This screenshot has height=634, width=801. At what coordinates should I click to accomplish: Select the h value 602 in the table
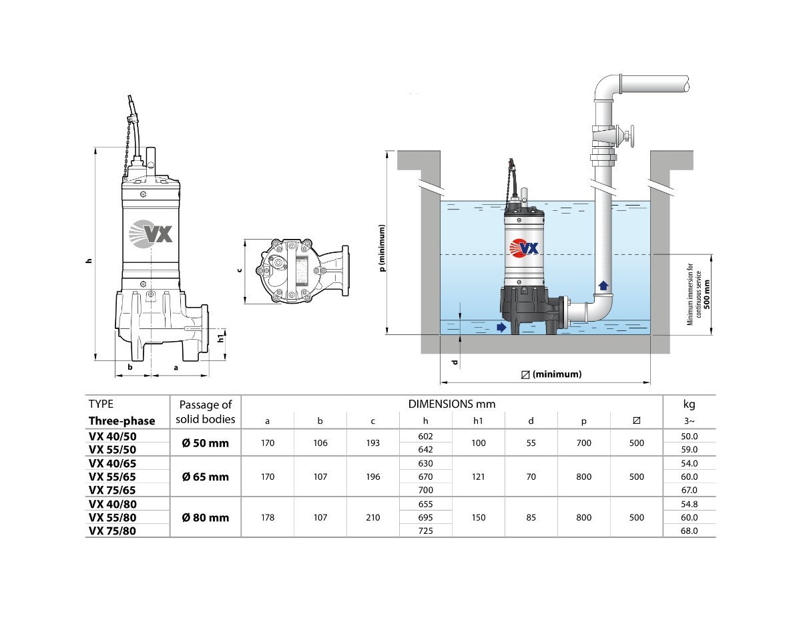coord(425,436)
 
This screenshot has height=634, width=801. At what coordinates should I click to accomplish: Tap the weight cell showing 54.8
coord(689,504)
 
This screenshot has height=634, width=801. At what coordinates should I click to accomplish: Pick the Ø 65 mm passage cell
coord(205,477)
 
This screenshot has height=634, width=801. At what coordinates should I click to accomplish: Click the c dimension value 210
coord(373,517)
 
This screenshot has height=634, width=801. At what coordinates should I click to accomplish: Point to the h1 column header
coord(478,421)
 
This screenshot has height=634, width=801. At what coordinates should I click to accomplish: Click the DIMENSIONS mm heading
coord(451,404)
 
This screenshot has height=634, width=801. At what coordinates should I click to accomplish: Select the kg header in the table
coord(689,404)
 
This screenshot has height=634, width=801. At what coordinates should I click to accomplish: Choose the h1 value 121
coord(478,477)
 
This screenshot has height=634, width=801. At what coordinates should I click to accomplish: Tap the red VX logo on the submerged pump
coord(525,248)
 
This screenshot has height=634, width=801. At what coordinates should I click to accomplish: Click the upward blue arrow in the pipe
coord(603,285)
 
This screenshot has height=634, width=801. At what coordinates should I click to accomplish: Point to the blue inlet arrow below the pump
coord(501,327)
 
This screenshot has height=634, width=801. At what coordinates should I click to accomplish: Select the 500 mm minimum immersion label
coord(707,294)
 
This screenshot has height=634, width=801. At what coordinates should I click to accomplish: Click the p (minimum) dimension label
coord(382,248)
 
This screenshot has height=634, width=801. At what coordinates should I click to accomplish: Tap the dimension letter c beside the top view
coord(238,270)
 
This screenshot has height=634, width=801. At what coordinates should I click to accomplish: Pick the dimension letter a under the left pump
coord(176,366)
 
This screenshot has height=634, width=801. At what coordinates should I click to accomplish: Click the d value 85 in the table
coord(531,517)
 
